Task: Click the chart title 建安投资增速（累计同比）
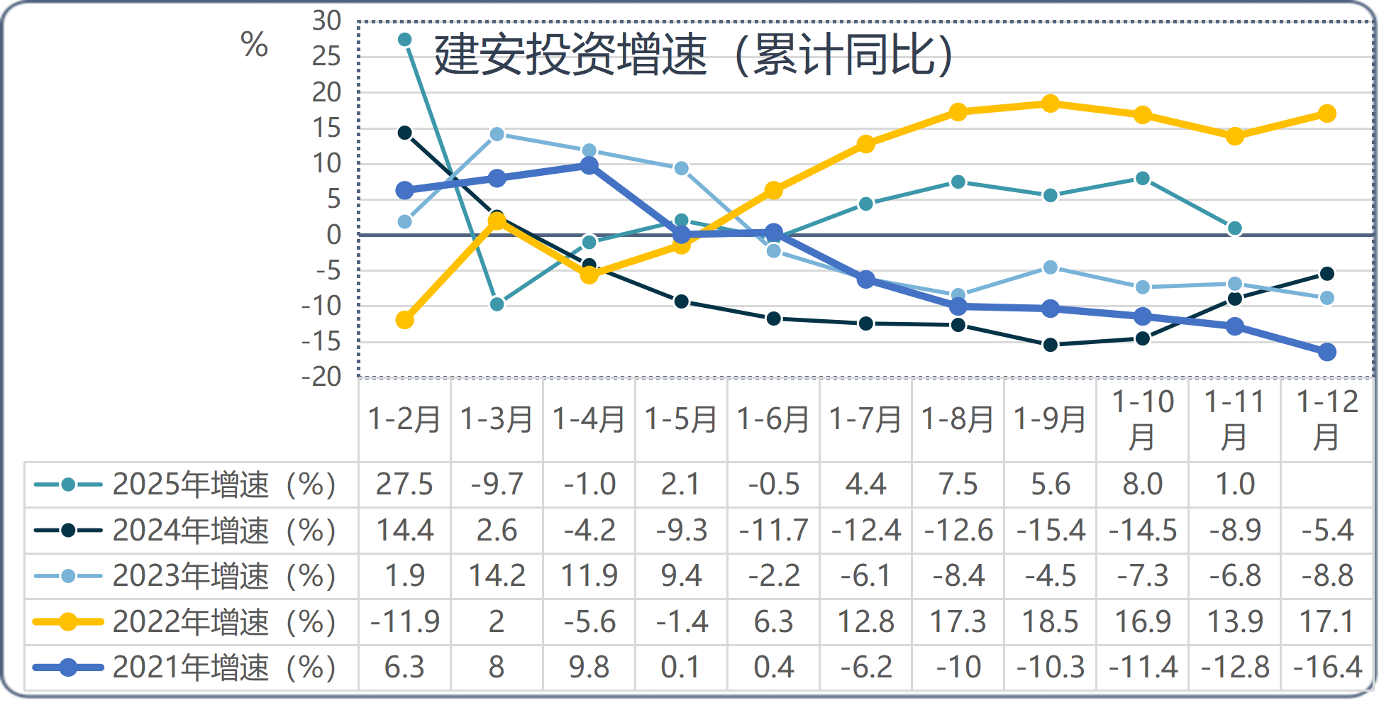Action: (694, 55)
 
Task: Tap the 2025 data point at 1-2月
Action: (405, 39)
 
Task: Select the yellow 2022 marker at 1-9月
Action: (1051, 104)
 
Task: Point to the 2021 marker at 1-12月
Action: (1327, 352)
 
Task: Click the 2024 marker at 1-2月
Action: (405, 133)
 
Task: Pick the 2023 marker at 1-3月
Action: (497, 134)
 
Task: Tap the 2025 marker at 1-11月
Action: (1235, 228)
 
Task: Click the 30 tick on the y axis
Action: (326, 21)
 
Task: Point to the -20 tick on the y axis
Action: (321, 377)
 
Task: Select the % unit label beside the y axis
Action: (254, 46)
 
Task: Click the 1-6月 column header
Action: (773, 419)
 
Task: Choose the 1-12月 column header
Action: (1327, 419)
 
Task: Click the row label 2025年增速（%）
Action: (223, 485)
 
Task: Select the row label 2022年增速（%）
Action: (223, 622)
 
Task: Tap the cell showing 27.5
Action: (404, 484)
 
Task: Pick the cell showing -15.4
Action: (1051, 531)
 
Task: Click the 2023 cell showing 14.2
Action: (497, 576)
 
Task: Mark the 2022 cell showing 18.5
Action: (1051, 622)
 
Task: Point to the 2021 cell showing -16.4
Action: (1327, 668)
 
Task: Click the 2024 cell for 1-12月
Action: (1327, 531)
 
